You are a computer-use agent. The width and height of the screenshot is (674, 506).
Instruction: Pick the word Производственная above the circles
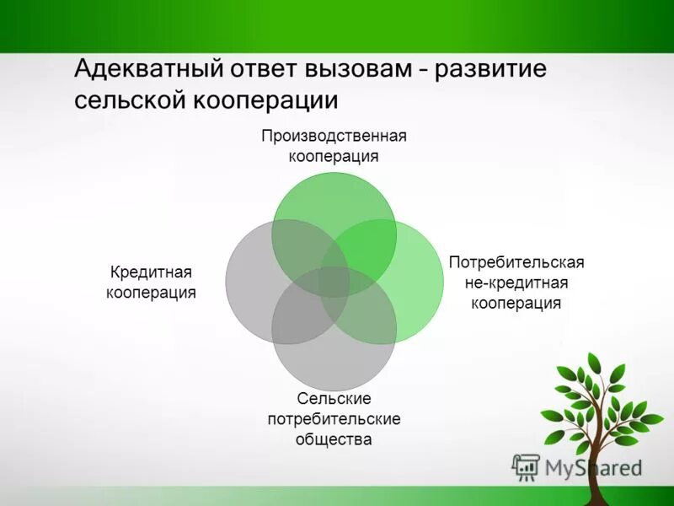[334, 136]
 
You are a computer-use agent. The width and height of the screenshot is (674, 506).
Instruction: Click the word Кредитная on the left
[152, 272]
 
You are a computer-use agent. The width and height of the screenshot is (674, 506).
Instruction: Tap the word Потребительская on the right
[516, 262]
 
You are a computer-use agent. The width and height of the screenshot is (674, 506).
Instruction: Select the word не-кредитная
[516, 283]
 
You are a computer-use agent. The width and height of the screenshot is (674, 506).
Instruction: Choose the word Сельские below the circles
[334, 398]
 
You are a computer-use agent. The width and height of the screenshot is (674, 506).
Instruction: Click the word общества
[334, 439]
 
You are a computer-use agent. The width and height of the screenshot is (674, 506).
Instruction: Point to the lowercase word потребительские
[334, 418]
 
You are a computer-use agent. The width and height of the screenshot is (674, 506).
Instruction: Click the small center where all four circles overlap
[334, 282]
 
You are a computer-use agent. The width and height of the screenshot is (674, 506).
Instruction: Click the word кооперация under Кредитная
[152, 293]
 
